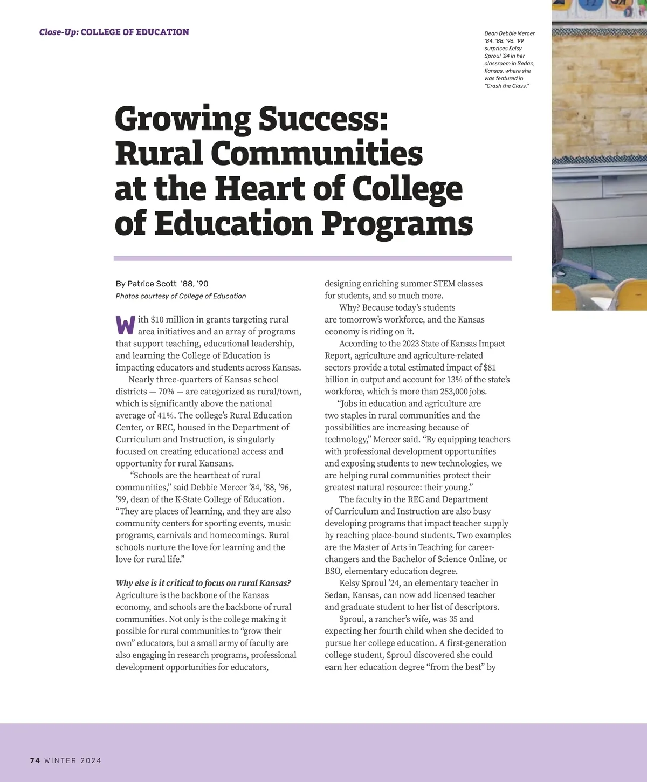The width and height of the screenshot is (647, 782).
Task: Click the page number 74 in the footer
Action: coord(35,760)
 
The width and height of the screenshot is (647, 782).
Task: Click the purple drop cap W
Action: coord(125,325)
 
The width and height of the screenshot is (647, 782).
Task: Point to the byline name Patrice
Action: coord(143,284)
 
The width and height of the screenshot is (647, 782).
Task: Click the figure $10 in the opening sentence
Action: coord(157,320)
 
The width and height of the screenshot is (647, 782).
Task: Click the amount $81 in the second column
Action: coord(490,367)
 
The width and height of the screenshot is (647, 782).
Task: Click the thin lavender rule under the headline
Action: coord(313,259)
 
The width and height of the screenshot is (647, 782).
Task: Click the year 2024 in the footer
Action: coord(91,760)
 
